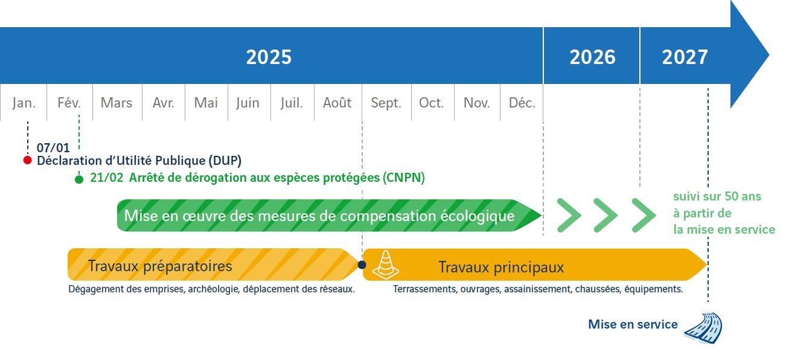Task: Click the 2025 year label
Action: point(269,57)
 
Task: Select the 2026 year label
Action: point(592,57)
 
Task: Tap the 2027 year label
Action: point(685,57)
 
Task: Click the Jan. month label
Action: point(24,103)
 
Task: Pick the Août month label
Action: point(337,103)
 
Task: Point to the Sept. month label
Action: point(386,103)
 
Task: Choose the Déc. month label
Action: point(522,103)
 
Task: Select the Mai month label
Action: point(206,103)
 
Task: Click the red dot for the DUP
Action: point(27,160)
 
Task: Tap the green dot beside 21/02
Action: point(79,179)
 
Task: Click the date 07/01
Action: point(53,147)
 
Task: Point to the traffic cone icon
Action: point(385,265)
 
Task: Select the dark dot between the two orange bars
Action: point(362,265)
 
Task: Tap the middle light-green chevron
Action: point(604,214)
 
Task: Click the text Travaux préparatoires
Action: point(160,266)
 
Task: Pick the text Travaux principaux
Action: point(501,267)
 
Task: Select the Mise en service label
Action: point(633,324)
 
